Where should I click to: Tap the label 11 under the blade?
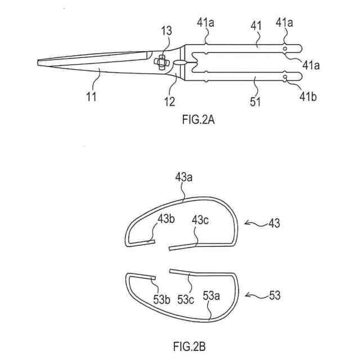(92, 96)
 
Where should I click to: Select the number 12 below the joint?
(169, 102)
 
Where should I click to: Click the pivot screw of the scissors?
(160, 61)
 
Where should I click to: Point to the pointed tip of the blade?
(38, 62)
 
